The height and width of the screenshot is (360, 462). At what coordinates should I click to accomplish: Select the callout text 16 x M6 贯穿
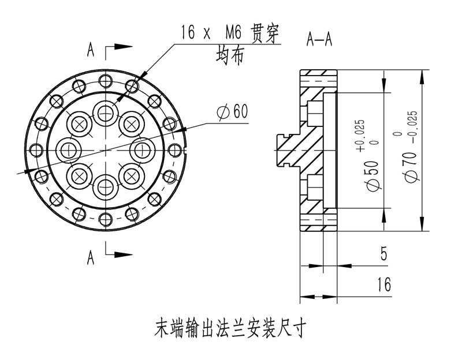tap(229, 33)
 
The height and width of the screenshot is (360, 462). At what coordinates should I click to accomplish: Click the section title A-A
tap(319, 39)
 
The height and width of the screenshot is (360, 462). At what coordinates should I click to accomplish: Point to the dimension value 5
tap(384, 254)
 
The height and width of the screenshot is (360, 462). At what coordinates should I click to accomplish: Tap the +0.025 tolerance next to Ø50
tap(361, 135)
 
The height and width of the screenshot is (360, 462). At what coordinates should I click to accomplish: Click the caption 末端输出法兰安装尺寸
tap(230, 329)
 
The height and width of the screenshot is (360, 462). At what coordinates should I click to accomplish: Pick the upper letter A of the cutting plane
tap(91, 50)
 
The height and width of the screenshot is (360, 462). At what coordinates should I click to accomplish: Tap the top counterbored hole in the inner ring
tap(105, 112)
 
